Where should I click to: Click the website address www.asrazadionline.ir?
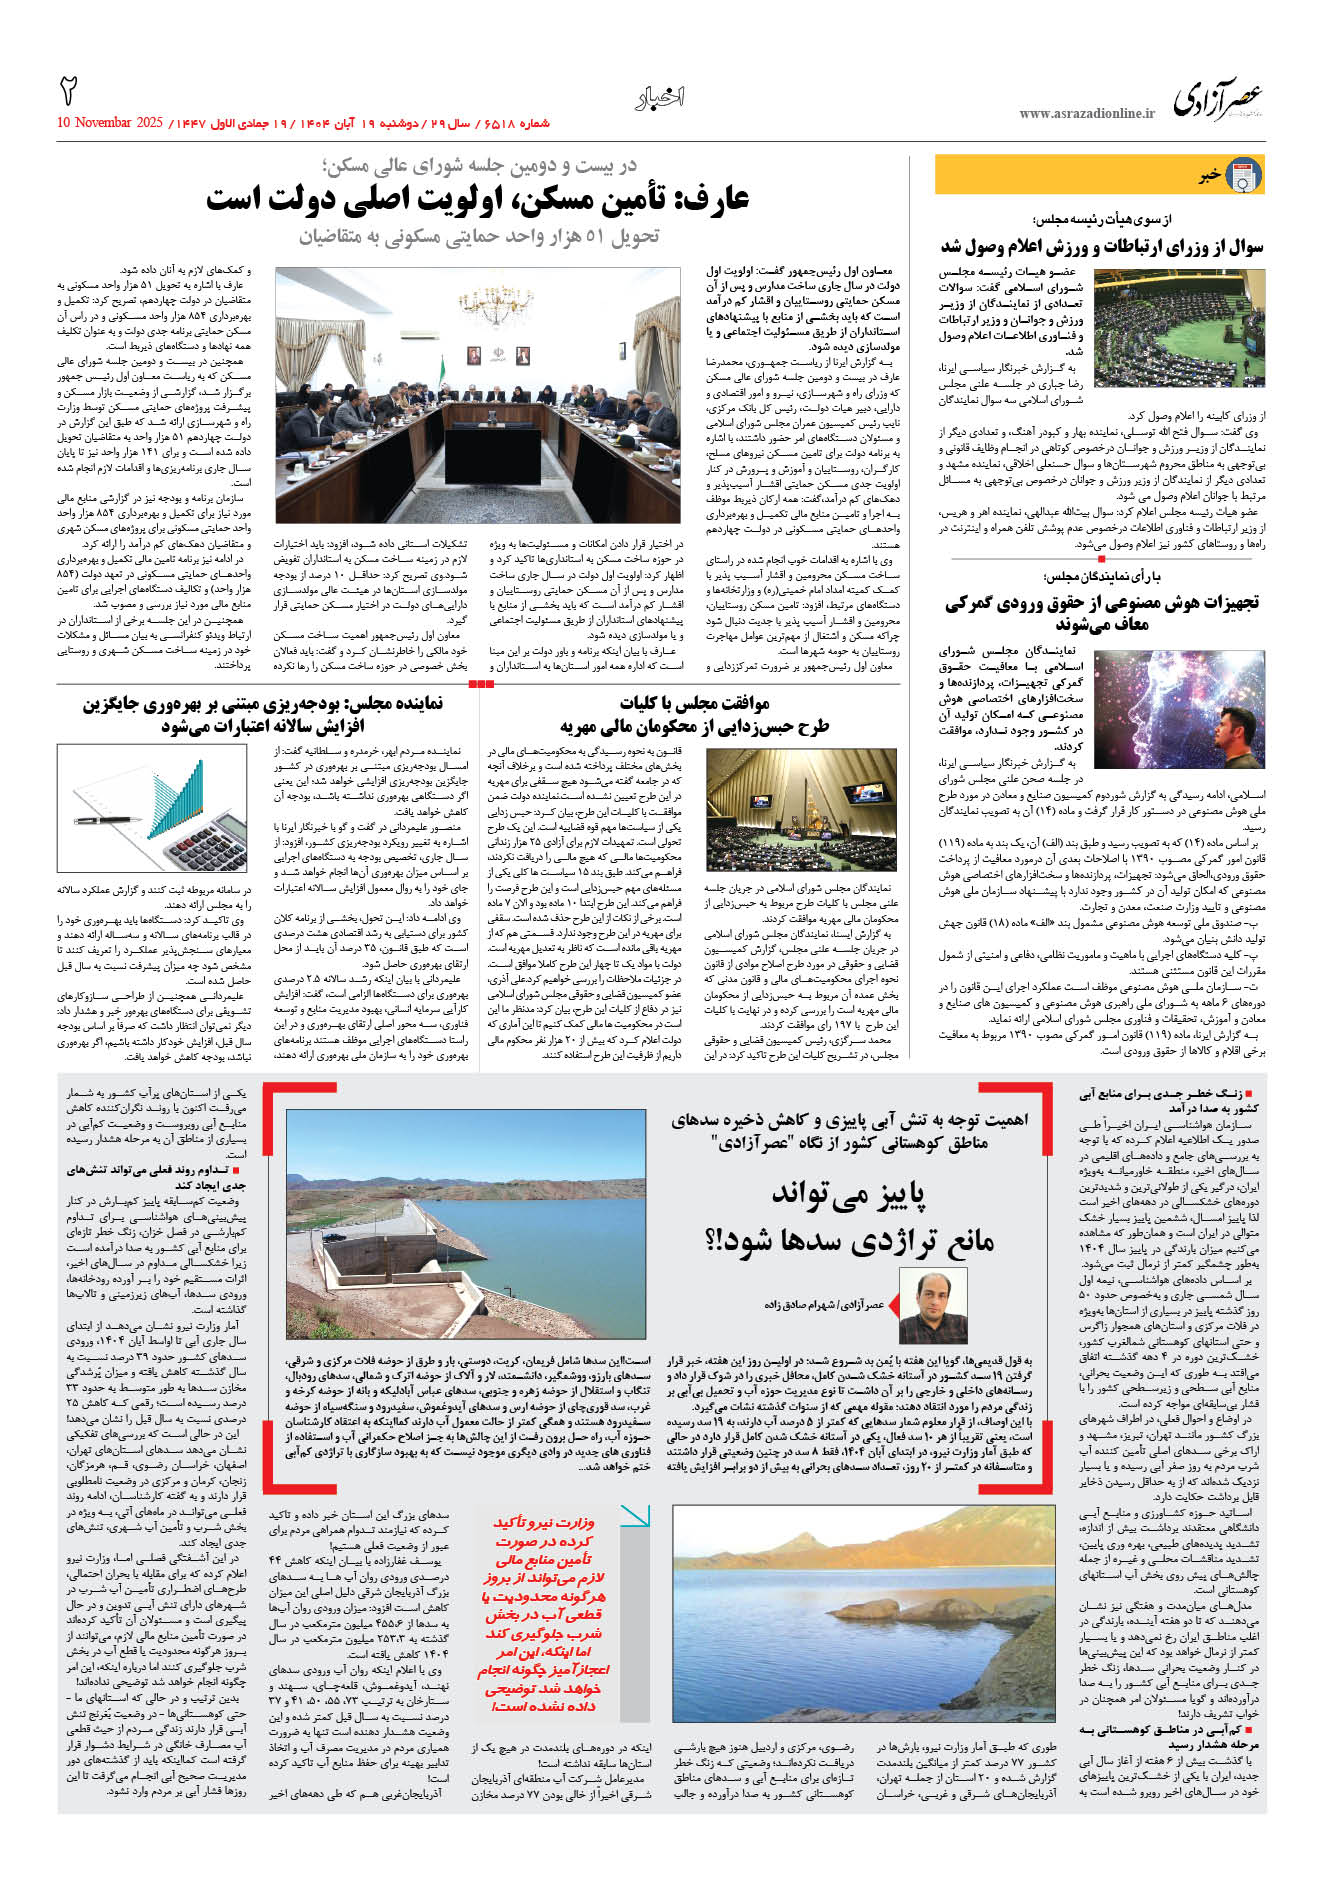point(1086,114)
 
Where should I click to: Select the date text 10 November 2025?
point(110,123)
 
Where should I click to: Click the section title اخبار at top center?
point(660,97)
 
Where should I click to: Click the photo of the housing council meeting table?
point(478,395)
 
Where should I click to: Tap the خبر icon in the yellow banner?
point(1243,175)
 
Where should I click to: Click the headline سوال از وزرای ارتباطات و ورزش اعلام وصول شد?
point(1101,246)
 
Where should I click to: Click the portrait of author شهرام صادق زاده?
point(934,1306)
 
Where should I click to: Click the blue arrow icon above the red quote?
point(635,1516)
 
